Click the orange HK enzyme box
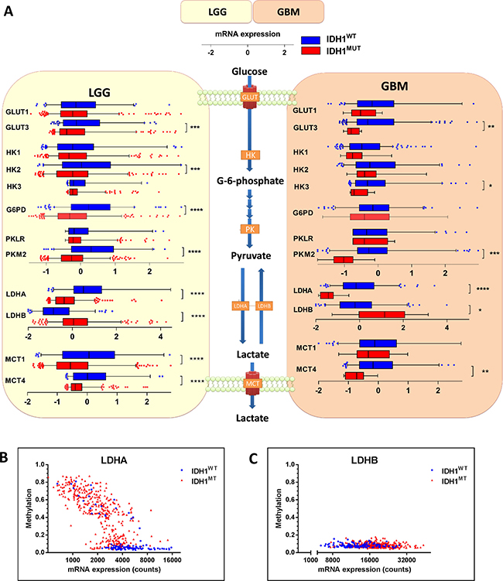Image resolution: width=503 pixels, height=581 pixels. (x=250, y=155)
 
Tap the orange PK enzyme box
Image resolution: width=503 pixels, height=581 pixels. (x=250, y=229)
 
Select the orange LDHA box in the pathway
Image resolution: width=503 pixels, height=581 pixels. (x=240, y=306)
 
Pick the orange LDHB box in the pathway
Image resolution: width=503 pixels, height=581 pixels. (x=264, y=306)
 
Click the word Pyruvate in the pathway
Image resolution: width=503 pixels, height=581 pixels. (x=251, y=255)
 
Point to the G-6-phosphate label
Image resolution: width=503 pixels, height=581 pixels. (x=250, y=181)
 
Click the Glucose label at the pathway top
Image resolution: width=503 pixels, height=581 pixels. (x=249, y=71)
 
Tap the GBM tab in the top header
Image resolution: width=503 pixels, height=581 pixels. (x=289, y=12)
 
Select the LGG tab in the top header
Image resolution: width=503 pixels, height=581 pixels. (x=217, y=12)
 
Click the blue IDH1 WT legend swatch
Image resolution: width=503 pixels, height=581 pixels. (x=310, y=39)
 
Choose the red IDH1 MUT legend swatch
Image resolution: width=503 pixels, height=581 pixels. (x=310, y=50)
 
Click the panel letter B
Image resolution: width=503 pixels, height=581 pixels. (x=4, y=457)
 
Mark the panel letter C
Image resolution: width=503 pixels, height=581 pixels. (x=254, y=459)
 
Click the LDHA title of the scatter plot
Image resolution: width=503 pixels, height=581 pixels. (x=115, y=460)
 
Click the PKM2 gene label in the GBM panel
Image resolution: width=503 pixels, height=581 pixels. (x=303, y=255)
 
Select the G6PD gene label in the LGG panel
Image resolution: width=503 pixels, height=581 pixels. (x=16, y=210)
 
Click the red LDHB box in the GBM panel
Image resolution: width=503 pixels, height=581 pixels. (x=382, y=315)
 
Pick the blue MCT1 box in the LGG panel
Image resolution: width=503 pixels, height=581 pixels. (x=88, y=355)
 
